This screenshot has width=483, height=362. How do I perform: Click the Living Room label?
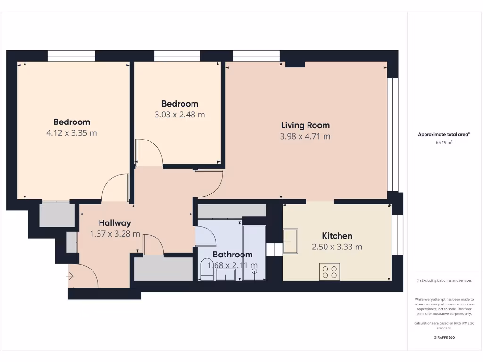(x=305, y=125)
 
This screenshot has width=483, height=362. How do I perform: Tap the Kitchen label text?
(x=337, y=236)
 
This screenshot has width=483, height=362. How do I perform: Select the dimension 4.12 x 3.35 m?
(x=72, y=133)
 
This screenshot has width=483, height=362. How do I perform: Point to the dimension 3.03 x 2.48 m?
(x=180, y=115)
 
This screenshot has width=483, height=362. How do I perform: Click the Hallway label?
(x=115, y=223)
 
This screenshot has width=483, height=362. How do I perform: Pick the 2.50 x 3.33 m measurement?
(x=337, y=247)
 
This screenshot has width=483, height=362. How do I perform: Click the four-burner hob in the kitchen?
(x=329, y=271)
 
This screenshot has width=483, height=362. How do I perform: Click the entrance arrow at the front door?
(x=71, y=276)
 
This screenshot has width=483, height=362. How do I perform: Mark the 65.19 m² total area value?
(x=444, y=142)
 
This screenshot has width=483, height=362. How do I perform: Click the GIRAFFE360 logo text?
(x=444, y=337)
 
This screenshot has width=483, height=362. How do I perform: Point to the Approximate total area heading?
(x=444, y=134)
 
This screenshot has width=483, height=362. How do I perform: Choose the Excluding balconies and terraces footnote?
(x=444, y=280)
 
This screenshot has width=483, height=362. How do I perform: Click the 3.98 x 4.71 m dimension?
(x=305, y=137)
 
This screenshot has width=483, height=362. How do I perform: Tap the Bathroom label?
(x=233, y=255)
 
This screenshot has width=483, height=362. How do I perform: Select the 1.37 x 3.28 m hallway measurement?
(x=115, y=234)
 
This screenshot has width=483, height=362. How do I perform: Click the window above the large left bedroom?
(x=71, y=56)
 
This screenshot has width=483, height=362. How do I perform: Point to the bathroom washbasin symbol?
(x=226, y=275)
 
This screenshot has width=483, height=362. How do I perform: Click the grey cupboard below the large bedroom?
(x=57, y=215)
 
